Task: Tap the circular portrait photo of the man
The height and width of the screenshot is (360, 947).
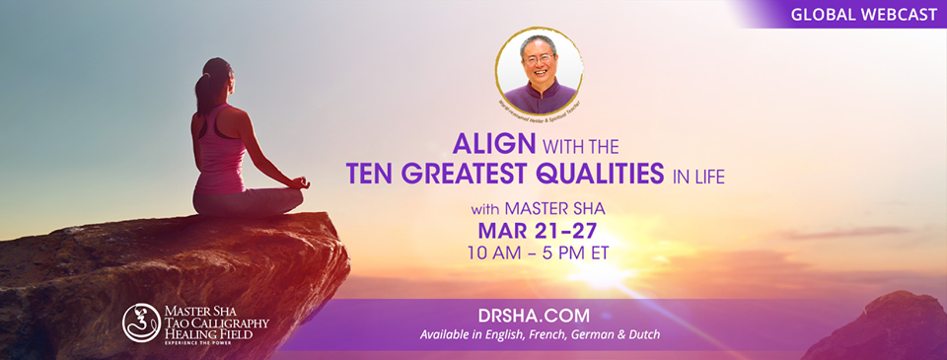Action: coord(539,71)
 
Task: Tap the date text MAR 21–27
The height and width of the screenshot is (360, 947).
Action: coord(539,232)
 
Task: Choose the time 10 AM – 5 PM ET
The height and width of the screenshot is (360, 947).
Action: coord(539,253)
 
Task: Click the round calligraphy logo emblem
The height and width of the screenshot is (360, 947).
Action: coord(141,323)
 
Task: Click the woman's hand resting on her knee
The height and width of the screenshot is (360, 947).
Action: coord(302,182)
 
